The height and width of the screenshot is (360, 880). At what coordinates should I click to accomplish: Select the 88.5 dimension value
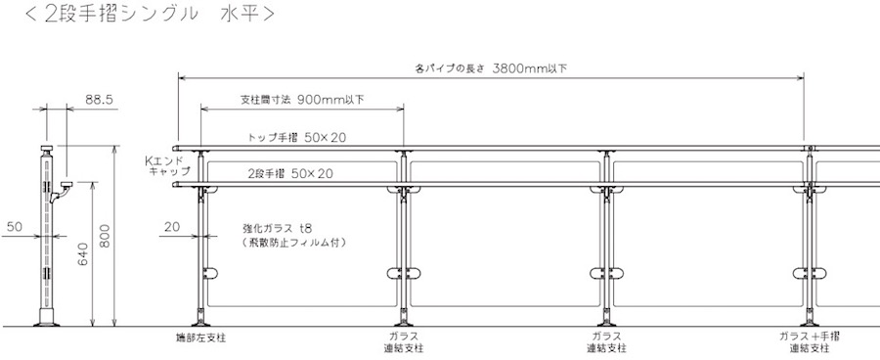[100, 100]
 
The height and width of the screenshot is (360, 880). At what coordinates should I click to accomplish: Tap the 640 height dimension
[82, 253]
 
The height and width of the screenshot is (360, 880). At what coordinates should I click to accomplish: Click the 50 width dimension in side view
[15, 227]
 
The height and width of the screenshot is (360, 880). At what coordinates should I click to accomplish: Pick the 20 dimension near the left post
[172, 227]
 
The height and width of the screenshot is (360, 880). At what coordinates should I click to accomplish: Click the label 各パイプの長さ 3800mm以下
[491, 68]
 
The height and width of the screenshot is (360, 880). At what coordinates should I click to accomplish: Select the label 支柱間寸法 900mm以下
[302, 100]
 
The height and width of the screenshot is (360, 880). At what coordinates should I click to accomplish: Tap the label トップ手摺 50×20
[297, 137]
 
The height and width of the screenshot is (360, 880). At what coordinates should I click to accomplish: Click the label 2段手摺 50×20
[290, 173]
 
